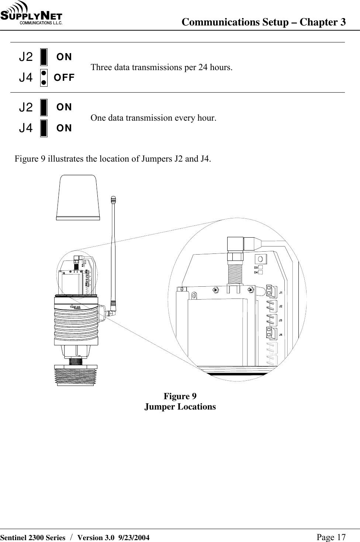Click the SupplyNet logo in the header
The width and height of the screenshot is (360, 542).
pos(32,14)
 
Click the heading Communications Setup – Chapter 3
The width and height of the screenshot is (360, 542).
pos(264,22)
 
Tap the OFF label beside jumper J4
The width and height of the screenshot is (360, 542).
pos(64,77)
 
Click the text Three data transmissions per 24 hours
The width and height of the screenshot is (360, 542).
pos(162,68)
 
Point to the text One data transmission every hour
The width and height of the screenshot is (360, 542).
pos(153,118)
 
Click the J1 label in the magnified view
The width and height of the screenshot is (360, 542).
pos(281,293)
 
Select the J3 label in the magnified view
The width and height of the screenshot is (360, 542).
pos(281,321)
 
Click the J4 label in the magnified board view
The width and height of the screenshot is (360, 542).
pos(281,335)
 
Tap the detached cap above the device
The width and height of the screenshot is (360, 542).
pos(78,198)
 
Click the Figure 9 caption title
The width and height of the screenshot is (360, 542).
pos(180,396)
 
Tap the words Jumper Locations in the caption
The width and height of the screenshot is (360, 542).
pos(180,407)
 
